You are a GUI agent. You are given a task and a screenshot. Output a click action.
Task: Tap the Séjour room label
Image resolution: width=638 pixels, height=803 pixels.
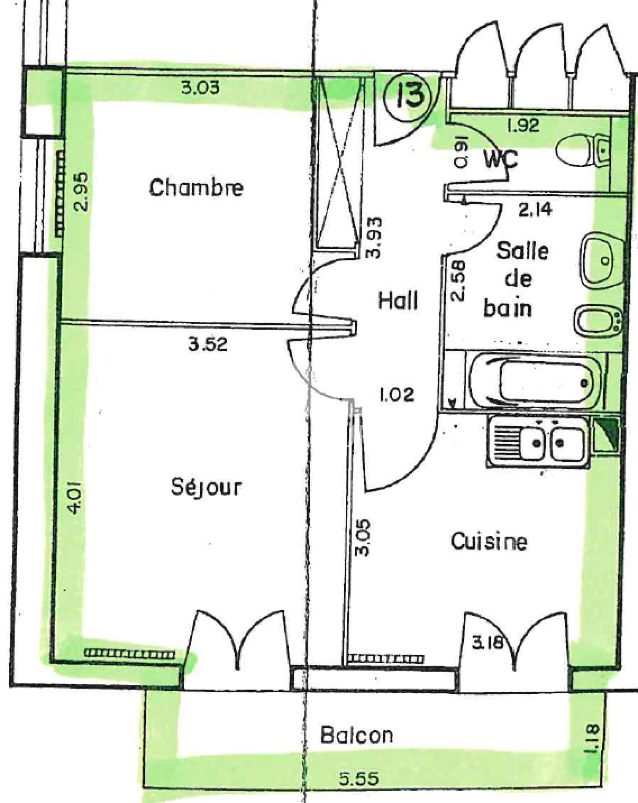pyautogui.click(x=206, y=486)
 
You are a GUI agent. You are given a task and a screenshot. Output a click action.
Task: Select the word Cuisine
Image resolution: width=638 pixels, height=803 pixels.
pyautogui.click(x=489, y=542)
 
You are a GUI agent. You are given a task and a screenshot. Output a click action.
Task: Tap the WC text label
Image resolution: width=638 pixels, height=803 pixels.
pyautogui.click(x=501, y=159)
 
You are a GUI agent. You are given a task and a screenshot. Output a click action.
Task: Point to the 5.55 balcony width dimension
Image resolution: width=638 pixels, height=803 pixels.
pyautogui.click(x=359, y=779)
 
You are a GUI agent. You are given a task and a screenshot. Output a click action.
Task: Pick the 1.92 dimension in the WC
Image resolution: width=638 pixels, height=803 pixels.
pyautogui.click(x=523, y=126)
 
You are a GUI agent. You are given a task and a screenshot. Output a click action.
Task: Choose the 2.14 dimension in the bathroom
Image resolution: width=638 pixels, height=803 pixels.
pyautogui.click(x=535, y=209)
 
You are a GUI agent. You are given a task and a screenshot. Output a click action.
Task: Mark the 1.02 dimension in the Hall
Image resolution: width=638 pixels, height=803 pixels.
pyautogui.click(x=397, y=395)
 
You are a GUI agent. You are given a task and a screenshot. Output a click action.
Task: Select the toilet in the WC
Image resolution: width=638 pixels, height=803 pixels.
pyautogui.click(x=583, y=150)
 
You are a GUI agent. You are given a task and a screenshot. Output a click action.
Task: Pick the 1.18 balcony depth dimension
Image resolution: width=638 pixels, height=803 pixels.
pyautogui.click(x=591, y=739)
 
